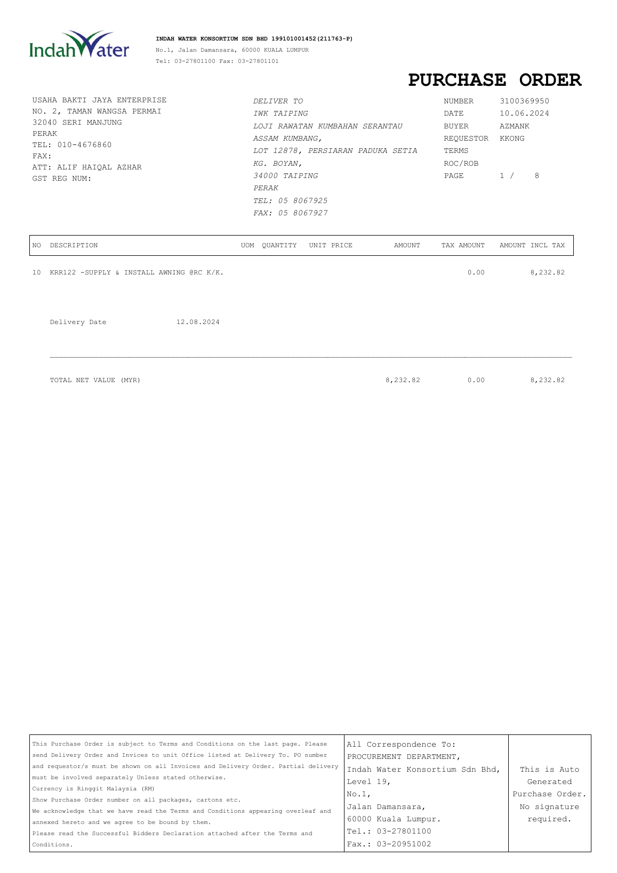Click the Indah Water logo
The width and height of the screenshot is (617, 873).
pos(79,45)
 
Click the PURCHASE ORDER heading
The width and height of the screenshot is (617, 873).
pos(494,80)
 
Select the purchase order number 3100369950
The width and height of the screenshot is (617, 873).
pos(524,101)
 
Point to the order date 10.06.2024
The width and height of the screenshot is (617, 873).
pos(524,114)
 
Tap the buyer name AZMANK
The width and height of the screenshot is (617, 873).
pos(514,126)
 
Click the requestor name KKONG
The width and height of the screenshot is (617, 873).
pos(512,139)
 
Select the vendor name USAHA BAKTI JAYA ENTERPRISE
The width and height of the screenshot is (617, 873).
pos(99,100)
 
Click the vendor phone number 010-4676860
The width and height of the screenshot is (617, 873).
pos(84,145)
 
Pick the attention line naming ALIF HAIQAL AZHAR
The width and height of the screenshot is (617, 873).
pos(87,167)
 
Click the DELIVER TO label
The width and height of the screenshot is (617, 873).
pos(278,101)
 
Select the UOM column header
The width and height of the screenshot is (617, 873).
pos(247,246)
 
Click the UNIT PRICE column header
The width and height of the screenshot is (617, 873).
pos(331,246)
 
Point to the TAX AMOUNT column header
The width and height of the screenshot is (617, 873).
pos(463,246)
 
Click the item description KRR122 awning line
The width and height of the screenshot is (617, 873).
pos(137,273)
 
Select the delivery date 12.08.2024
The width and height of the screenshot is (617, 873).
pos(198,322)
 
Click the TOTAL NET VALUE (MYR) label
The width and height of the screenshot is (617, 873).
pos(95,381)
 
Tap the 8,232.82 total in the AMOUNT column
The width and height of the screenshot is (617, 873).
pos(403,381)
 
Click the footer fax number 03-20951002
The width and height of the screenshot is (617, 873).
pos(404,844)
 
